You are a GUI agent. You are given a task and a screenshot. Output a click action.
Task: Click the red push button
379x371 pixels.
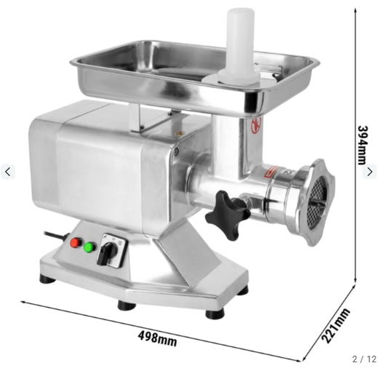coord(76,243)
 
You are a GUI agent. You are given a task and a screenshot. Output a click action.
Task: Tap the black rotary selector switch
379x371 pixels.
coord(107,252)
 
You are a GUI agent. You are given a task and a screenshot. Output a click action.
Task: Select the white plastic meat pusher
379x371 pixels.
coord(240,47)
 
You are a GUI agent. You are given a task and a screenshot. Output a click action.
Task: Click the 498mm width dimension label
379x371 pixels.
coord(157,338)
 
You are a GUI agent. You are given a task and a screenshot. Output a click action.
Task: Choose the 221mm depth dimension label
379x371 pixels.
coord(336,325)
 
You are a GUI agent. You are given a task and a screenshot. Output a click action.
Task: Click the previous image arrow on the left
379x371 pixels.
coord(8,172)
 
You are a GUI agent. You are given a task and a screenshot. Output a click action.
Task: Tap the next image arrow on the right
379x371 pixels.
coord(370,172)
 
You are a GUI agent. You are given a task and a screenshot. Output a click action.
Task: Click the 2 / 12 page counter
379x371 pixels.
coord(364,359)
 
